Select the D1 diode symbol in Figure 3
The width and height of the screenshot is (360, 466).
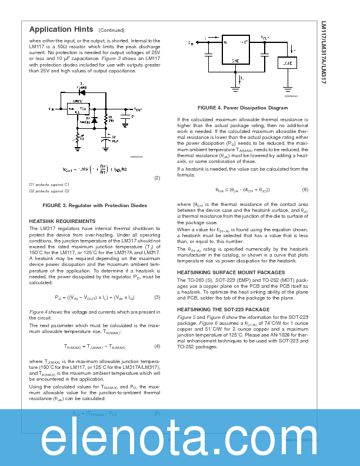pyautogui.click(x=81, y=92)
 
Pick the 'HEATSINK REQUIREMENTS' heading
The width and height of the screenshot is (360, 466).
pyautogui.click(x=62, y=221)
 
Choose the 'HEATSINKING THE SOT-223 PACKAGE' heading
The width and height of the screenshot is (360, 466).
pyautogui.click(x=224, y=309)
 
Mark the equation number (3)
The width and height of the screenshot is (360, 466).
pyautogui.click(x=157, y=297)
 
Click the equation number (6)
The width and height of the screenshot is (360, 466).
pyautogui.click(x=305, y=189)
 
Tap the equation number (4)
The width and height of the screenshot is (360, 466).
pyautogui.click(x=157, y=346)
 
